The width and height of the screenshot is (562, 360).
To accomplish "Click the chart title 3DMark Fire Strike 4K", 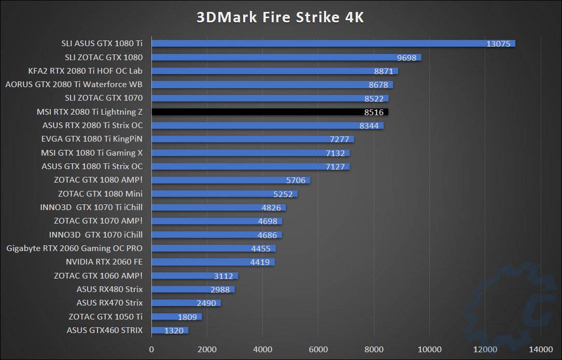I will tap(280, 17).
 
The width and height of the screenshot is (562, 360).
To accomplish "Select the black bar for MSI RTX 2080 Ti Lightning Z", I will tap(270, 112).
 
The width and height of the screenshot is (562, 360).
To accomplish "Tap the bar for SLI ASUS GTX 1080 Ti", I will tap(332, 44).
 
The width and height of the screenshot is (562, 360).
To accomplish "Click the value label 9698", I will tap(406, 58).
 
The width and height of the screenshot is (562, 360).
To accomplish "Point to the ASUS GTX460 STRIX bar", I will tap(170, 330).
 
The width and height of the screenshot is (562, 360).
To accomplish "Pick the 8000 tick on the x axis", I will tap(374, 349).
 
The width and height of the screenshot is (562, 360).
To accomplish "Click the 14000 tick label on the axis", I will tap(541, 349).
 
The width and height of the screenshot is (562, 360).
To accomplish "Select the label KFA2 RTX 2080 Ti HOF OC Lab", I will tap(86, 71).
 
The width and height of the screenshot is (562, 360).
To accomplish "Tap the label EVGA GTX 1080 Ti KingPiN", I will tap(92, 139).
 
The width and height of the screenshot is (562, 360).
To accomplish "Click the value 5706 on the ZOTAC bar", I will tap(296, 180).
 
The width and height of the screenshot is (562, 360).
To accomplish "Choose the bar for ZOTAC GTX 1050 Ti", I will tap(176, 316).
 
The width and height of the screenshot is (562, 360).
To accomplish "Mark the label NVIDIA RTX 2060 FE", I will tap(104, 262).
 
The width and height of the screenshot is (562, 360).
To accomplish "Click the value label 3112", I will tap(223, 276).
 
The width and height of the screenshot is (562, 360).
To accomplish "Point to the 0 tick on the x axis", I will tap(151, 349).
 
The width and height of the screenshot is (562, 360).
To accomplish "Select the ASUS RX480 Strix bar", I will tap(193, 289).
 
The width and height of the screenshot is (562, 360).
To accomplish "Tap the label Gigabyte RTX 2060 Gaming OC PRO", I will tap(74, 248).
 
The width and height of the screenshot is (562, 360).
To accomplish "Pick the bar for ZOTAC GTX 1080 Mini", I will tap(224, 194).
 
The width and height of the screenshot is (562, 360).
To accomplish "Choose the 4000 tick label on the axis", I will tap(262, 349).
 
